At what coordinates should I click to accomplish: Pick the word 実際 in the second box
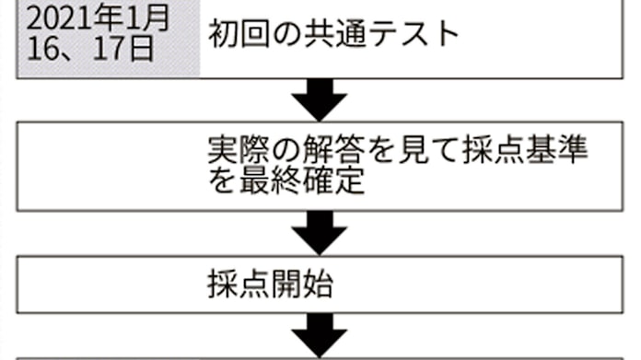[237, 150]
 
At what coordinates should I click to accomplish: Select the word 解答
[340, 150]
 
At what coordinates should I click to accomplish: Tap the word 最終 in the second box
[268, 180]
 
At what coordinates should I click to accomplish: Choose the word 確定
[336, 180]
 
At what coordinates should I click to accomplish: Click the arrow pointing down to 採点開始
[320, 232]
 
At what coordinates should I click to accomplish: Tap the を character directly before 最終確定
[221, 180]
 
